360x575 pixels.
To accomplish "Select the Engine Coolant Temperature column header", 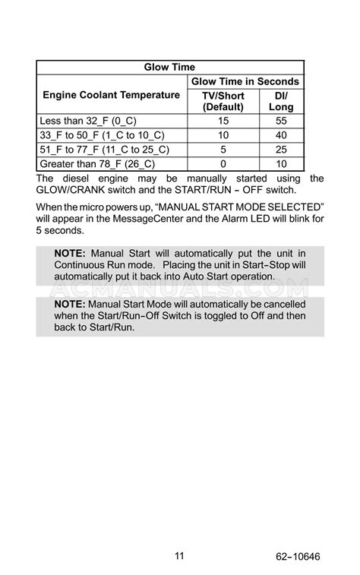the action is pos(111,95).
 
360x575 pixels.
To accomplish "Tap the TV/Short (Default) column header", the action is pos(223,102).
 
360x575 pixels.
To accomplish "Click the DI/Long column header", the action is pos(281,102).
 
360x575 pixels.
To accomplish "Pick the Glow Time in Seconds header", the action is pos(245,81).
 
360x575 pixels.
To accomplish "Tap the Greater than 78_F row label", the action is pos(96,164).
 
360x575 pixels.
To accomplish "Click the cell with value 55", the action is pos(281,121).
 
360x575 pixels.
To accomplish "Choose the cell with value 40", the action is pos(281,135).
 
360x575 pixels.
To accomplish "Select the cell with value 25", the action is pos(281,150).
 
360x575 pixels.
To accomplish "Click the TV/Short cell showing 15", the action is pos(223,121).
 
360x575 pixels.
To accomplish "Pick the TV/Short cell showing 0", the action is pos(223,164).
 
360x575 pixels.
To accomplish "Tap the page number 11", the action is pos(179,556).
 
